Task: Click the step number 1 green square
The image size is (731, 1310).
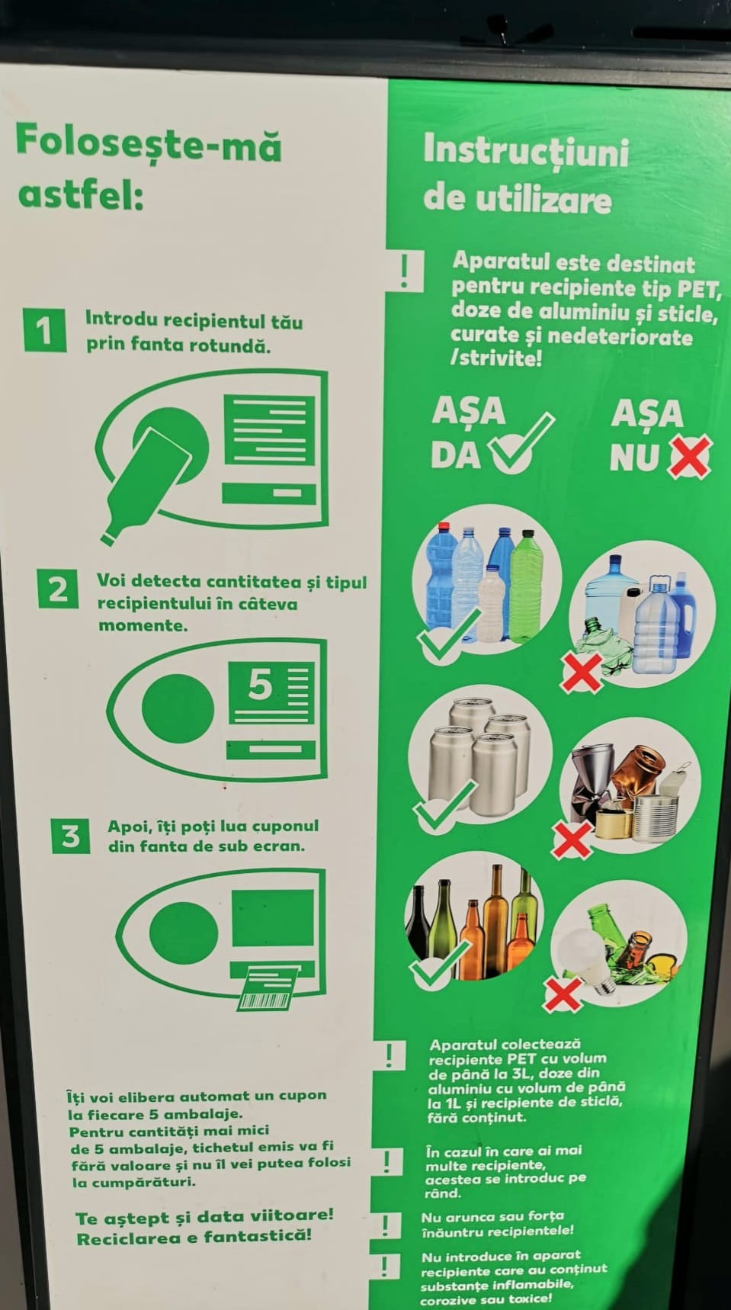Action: click(x=44, y=330)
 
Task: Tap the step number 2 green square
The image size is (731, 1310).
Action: click(x=58, y=590)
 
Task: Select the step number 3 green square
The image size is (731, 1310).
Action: click(x=71, y=836)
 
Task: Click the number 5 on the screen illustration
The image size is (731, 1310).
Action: click(x=259, y=685)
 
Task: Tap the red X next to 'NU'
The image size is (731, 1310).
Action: click(x=690, y=456)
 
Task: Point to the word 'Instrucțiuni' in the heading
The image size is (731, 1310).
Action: click(x=526, y=152)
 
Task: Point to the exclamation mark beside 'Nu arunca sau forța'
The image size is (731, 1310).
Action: click(x=386, y=1225)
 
